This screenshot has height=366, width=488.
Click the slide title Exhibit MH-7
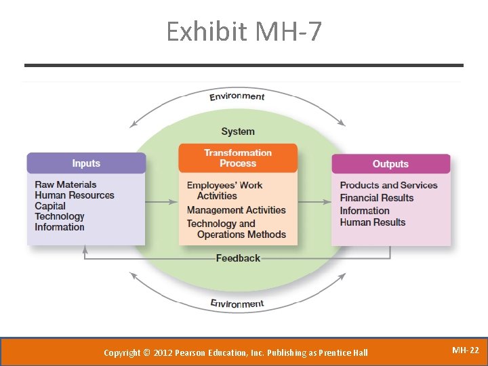tap(244, 32)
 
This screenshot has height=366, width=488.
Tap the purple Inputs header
tap(86, 163)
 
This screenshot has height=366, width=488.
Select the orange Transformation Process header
tap(238, 158)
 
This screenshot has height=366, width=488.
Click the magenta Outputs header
tap(390, 164)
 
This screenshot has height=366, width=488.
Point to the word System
tap(238, 131)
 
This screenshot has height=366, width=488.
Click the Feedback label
tap(238, 258)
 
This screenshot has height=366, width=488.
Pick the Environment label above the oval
tap(237, 96)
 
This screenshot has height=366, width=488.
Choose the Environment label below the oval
tap(237, 303)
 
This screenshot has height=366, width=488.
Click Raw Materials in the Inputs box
tap(66, 184)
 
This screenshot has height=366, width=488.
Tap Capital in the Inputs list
tap(50, 206)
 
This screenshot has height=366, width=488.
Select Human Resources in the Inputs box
tap(75, 195)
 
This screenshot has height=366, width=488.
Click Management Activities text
tap(237, 210)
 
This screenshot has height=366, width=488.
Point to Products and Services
tap(388, 185)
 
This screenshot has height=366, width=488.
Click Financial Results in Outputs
tap(376, 198)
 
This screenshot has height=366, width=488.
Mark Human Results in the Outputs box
tap(372, 222)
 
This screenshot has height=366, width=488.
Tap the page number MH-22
tap(465, 350)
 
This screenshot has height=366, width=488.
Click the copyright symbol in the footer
tap(147, 352)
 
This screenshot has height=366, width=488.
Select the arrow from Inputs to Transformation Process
tap(162, 202)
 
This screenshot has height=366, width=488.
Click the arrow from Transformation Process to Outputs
tap(314, 202)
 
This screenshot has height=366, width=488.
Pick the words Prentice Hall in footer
tap(346, 352)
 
